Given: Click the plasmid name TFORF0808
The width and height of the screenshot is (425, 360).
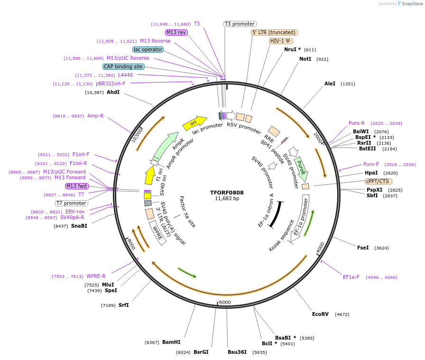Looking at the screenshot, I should point(227,193).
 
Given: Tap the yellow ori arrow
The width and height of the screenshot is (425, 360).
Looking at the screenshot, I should point(194,122).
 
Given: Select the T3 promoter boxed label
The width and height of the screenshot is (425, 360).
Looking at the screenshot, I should point(240,24).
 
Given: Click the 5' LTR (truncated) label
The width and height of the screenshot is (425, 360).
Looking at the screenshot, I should point(274,32).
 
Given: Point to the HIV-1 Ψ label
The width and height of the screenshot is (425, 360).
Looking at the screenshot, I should point(281,41).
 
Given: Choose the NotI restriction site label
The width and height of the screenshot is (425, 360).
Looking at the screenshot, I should point(305,59).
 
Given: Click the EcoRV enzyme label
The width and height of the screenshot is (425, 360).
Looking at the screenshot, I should point(320,314).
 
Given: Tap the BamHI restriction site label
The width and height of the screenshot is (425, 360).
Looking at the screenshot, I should point(171,342).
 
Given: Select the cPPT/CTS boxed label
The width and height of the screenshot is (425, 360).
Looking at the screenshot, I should point(379,181).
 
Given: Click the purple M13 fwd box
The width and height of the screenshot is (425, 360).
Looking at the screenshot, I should point(77,186).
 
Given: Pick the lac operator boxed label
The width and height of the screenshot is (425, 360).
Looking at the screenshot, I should point(148,49).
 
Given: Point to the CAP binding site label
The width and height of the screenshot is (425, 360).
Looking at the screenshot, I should point(123,67).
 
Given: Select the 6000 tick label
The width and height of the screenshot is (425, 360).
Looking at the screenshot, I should point(225,302).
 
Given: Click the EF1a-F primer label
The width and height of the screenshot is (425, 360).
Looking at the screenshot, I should point(351,277).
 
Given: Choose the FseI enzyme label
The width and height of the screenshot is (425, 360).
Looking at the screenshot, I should point(363,248).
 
